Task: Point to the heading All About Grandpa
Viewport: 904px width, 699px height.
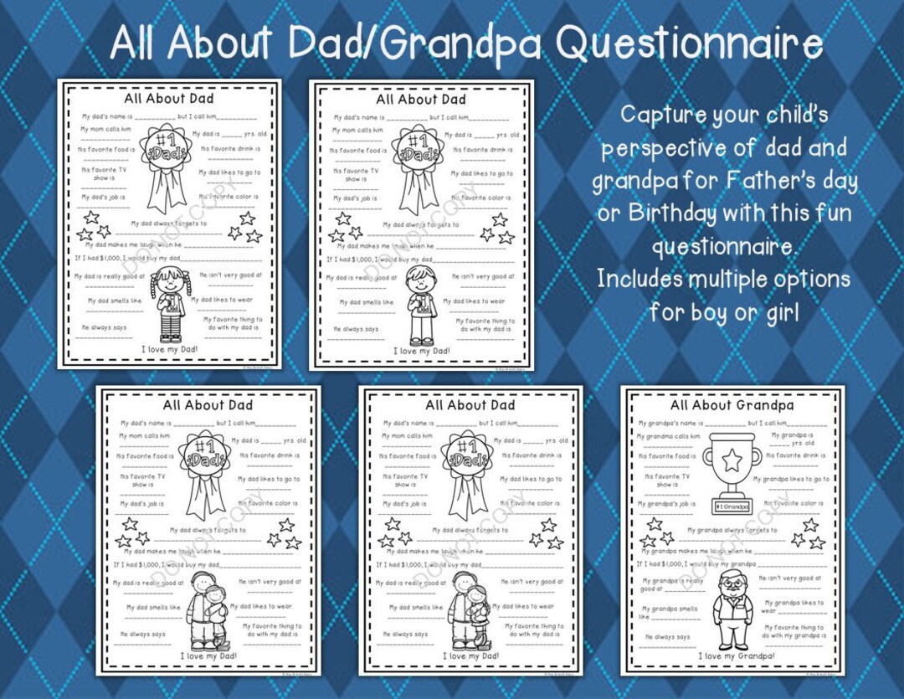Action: (x=732, y=405)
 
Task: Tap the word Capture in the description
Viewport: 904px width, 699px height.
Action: (x=662, y=115)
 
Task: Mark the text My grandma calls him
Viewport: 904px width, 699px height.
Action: (x=668, y=436)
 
